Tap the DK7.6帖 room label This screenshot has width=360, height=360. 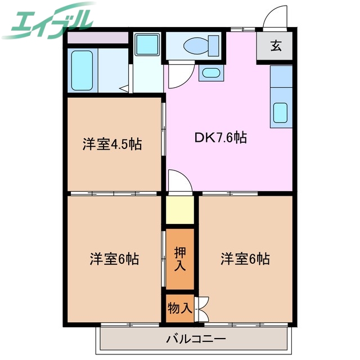(220, 137)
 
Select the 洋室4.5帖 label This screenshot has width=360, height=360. (112, 144)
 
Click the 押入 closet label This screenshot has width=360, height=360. (179, 258)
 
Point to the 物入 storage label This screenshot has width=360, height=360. (179, 308)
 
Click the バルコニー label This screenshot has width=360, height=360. (196, 339)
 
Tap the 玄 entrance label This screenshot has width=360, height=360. (275, 47)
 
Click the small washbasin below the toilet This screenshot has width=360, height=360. (209, 72)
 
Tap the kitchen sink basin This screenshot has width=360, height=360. (281, 113)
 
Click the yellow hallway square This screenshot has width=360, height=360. (179, 210)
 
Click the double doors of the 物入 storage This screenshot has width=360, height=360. (201, 308)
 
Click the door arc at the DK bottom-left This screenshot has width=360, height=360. (179, 181)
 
